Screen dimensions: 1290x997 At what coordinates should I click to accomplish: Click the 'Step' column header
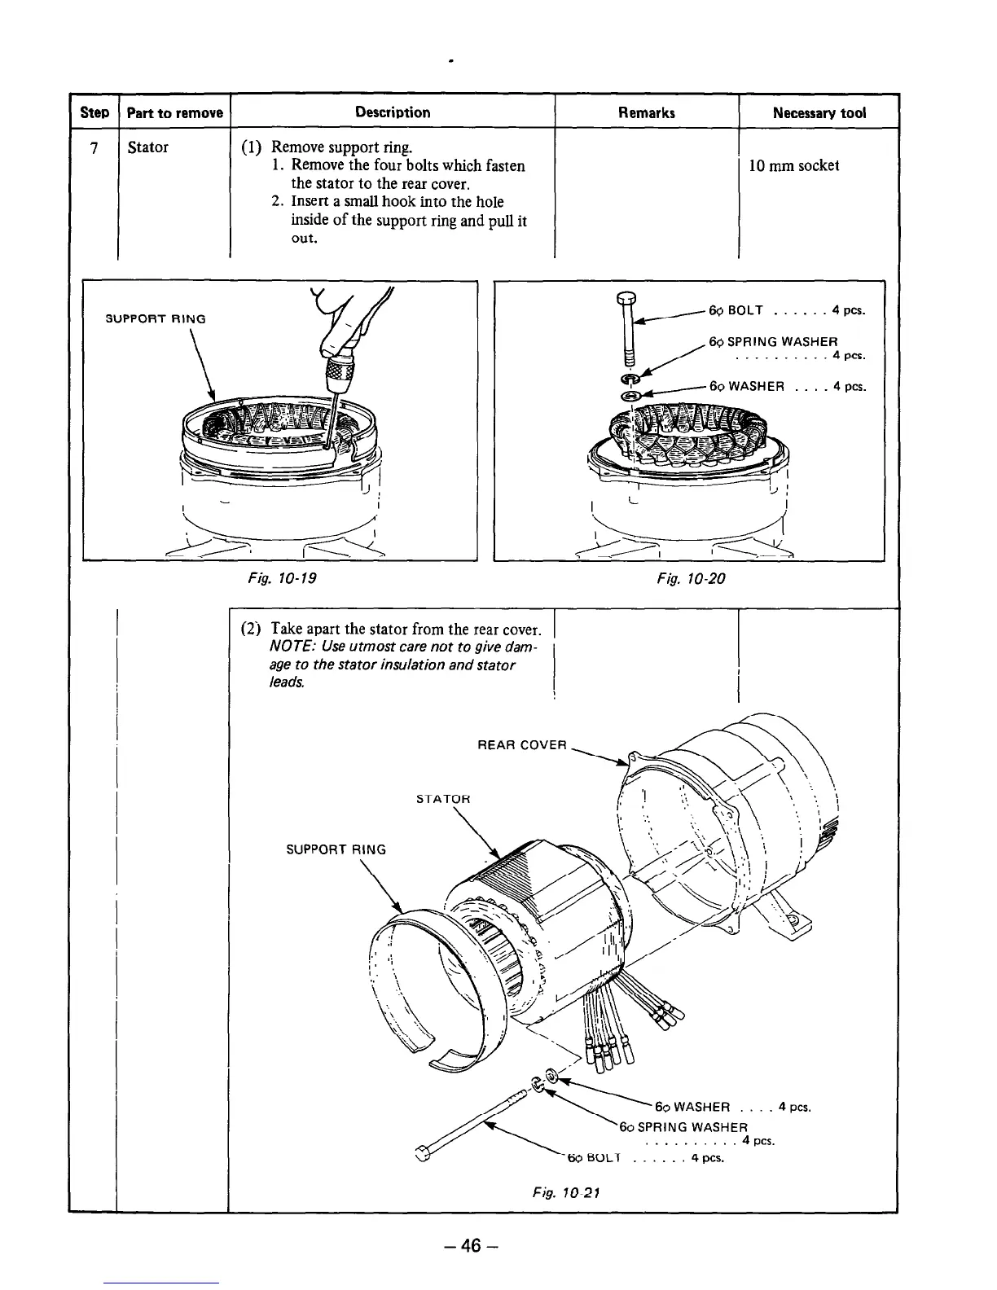(x=94, y=112)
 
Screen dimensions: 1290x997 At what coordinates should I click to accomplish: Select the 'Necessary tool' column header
(x=819, y=112)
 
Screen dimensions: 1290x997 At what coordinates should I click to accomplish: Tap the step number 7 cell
(x=94, y=147)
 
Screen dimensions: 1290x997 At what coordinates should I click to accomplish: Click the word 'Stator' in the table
(x=148, y=147)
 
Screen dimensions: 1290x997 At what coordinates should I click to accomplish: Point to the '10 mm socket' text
(x=793, y=165)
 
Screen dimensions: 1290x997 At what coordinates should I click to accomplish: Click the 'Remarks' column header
(x=647, y=112)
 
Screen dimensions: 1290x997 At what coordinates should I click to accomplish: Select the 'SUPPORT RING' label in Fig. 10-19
(x=156, y=318)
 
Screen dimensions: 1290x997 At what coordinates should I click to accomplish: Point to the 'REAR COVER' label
(x=521, y=744)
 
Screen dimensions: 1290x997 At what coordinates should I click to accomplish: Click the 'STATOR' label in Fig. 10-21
(x=443, y=799)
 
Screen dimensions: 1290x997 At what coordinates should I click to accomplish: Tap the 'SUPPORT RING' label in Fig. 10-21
(x=336, y=849)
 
